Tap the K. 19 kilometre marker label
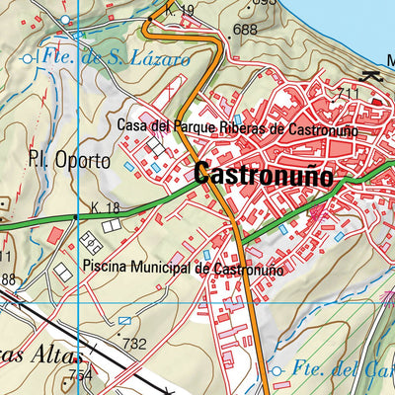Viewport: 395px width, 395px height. tap(181, 11)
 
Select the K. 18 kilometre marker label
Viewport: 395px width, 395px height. tap(104, 207)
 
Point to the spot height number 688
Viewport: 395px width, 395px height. tap(246, 31)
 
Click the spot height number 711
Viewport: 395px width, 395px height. tap(348, 94)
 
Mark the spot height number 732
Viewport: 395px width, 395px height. tap(133, 345)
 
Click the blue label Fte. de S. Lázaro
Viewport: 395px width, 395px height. tap(115, 58)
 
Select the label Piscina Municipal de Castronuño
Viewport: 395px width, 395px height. tap(184, 268)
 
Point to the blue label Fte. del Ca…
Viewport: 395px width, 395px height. tap(341, 371)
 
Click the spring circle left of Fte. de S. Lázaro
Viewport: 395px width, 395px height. tap(27, 59)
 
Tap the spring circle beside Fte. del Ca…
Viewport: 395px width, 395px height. tap(277, 371)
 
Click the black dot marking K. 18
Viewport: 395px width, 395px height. tap(76, 216)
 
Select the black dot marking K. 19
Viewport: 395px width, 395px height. tap(150, 18)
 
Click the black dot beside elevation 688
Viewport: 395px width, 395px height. tap(229, 35)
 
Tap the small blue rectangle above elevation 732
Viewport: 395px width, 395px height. tap(123, 320)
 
